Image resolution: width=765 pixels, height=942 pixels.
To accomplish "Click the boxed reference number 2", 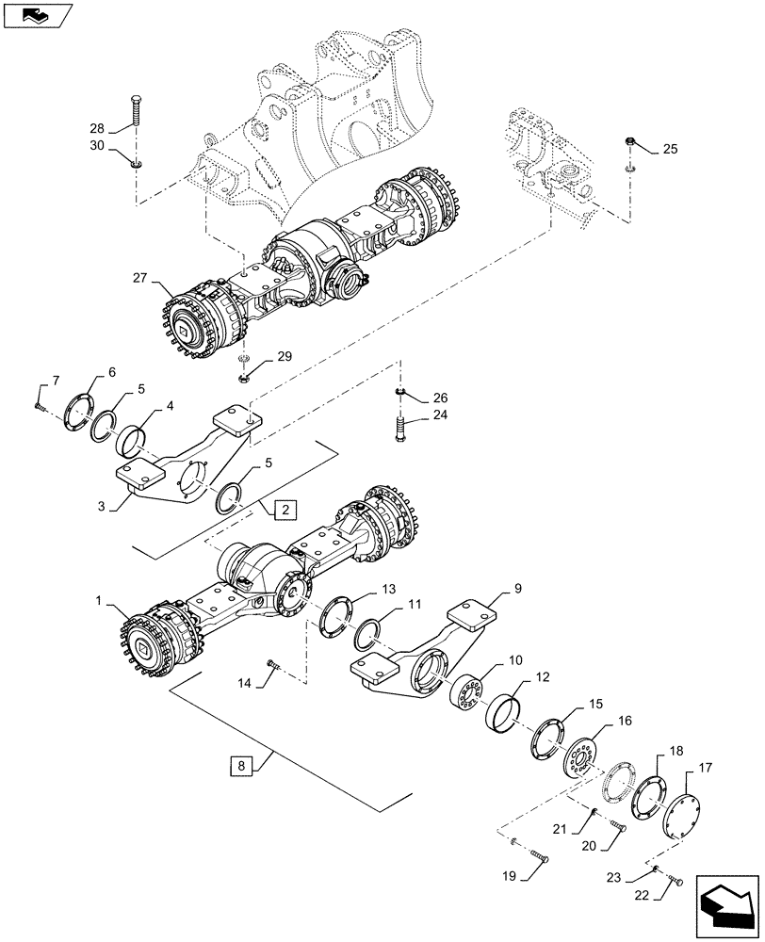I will (286, 510).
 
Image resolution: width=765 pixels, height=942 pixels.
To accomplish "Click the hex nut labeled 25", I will (628, 143).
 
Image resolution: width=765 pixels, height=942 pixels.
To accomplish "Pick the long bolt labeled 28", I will (136, 117).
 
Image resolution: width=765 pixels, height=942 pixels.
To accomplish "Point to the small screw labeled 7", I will (38, 406).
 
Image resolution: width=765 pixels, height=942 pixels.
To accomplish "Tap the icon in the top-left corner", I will (36, 13).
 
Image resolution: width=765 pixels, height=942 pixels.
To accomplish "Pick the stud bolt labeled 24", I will (399, 435).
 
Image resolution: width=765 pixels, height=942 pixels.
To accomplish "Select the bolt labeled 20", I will (618, 827).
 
